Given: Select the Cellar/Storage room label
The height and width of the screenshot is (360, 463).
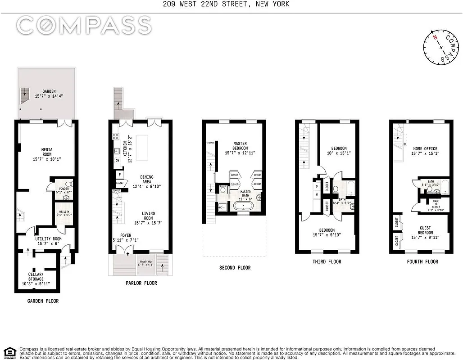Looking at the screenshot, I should tap(36, 276).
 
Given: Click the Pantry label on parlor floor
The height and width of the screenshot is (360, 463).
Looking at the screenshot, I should tap(119, 184).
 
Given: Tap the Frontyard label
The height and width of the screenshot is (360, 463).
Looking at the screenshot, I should tap(147, 262).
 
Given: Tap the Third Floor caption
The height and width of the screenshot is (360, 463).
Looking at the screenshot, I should tap(327, 261).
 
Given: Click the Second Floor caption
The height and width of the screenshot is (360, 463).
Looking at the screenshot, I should tap(235, 268).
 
